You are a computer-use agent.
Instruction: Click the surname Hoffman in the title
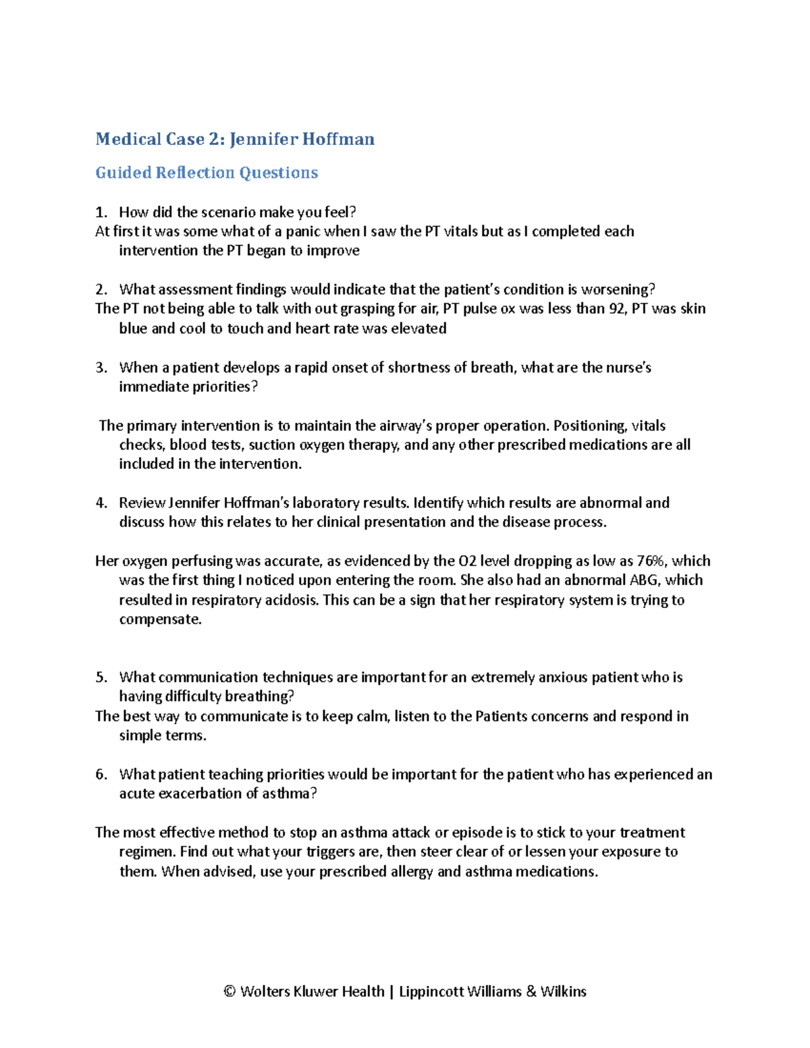coord(338,139)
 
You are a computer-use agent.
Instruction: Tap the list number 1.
coord(101,213)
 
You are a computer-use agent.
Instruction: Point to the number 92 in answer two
coord(616,309)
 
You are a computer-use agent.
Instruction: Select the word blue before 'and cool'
coord(133,329)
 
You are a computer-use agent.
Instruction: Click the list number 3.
coord(101,368)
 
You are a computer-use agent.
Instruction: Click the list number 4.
coord(101,503)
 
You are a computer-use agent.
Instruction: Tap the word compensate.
coord(160,619)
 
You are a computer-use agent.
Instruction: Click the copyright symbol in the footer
coord(230,991)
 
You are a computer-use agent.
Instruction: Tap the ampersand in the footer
coord(531,991)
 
